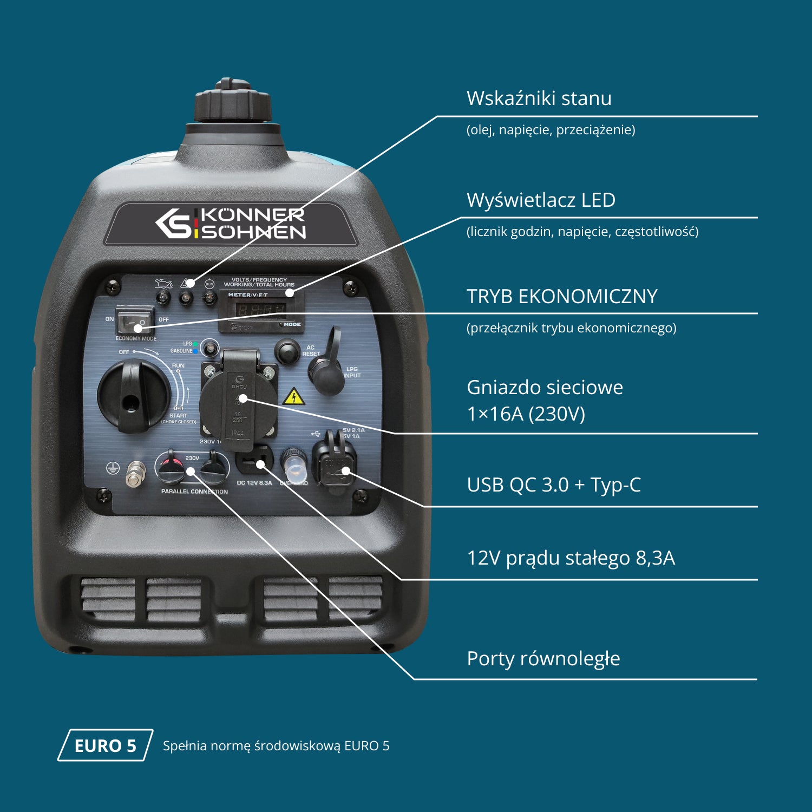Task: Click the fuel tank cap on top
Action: [233, 103]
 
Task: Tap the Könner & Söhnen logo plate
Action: [231, 224]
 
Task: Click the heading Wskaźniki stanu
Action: [539, 99]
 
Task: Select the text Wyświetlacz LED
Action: [541, 200]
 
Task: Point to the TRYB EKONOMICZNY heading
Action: [561, 297]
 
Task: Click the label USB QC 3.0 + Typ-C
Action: [553, 485]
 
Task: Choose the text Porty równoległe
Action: [543, 659]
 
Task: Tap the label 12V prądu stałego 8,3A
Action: [571, 558]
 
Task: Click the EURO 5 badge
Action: [106, 745]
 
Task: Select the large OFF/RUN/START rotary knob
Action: [133, 396]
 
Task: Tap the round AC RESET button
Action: [287, 351]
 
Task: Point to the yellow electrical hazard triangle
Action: [293, 397]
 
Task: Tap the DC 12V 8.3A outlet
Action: [253, 462]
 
